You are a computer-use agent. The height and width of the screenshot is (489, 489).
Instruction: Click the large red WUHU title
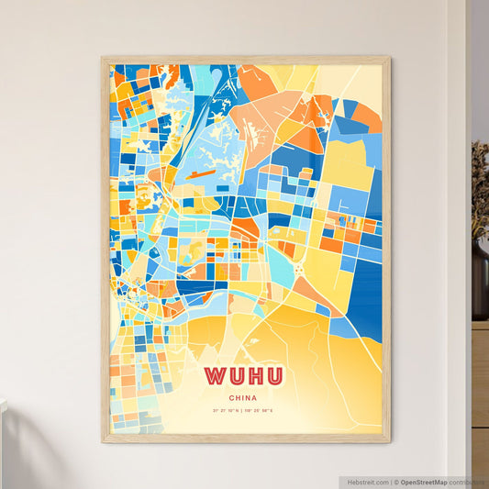[x=244, y=376]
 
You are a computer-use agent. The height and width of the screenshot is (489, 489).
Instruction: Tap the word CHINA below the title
[x=244, y=398]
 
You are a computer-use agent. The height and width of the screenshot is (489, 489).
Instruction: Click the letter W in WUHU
[x=216, y=376]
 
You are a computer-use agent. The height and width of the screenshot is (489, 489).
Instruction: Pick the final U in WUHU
[x=273, y=376]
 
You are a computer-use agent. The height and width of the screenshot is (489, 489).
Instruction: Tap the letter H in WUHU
[x=254, y=376]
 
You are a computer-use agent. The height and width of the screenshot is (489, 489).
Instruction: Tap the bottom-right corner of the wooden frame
[x=389, y=441]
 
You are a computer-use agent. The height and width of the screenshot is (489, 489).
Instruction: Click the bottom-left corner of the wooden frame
[x=103, y=441]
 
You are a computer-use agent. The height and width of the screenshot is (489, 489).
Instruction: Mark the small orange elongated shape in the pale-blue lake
[x=201, y=172]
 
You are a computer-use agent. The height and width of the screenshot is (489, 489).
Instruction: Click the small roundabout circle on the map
[x=300, y=269]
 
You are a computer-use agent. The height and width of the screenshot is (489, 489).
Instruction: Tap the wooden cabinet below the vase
[x=480, y=385]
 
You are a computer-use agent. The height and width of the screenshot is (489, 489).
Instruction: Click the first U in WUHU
[x=235, y=376]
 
